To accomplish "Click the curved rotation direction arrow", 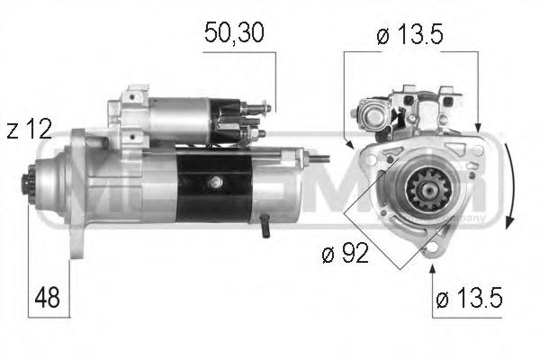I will click(509, 190).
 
